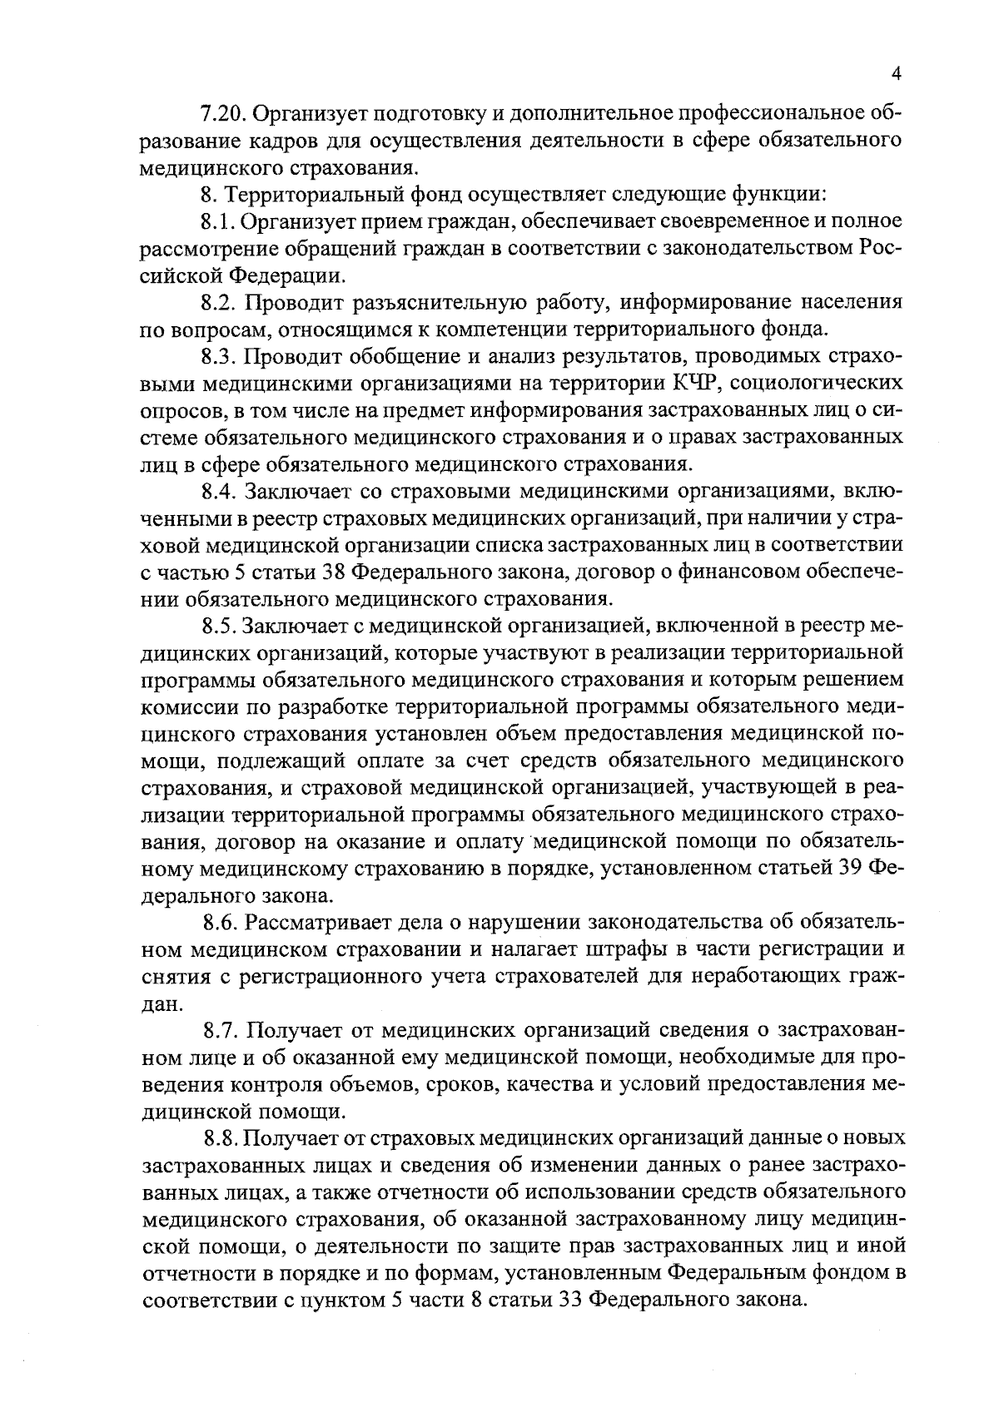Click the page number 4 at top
pyautogui.click(x=896, y=73)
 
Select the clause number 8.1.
pyautogui.click(x=219, y=220)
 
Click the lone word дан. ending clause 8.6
pyautogui.click(x=162, y=1004)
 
